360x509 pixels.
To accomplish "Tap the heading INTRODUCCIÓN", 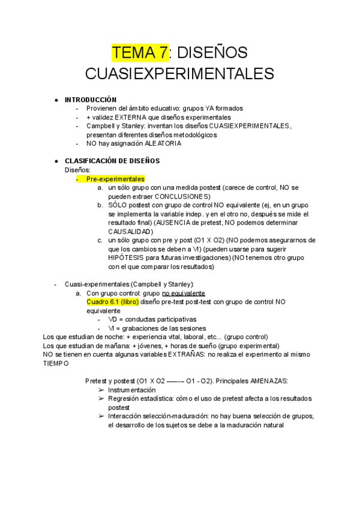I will pyautogui.click(x=91, y=100).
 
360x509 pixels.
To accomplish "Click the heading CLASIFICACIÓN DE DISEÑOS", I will pyautogui.click(x=112, y=161).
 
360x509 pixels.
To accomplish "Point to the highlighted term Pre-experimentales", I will pyautogui.click(x=115, y=179).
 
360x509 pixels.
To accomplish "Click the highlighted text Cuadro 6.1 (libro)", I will pyautogui.click(x=113, y=302).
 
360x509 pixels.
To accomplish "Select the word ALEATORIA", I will pyautogui.click(x=161, y=143).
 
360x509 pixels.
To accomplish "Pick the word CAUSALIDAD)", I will pyautogui.click(x=131, y=231).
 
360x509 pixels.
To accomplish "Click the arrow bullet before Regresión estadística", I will pyautogui.click(x=100, y=399).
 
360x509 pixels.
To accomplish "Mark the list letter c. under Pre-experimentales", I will pyautogui.click(x=100, y=240).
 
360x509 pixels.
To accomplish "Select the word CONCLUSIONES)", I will pyautogui.click(x=182, y=196).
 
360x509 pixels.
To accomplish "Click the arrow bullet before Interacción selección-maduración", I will pyautogui.click(x=100, y=417).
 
